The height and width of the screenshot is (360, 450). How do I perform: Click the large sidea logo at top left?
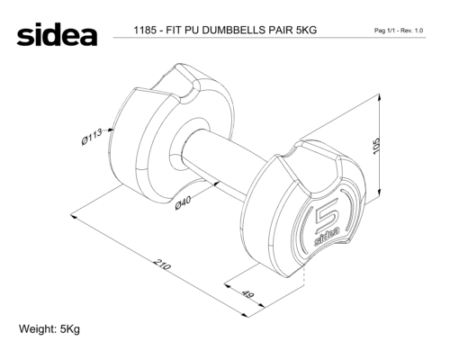click(x=57, y=34)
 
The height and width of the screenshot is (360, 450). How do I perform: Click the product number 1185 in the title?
click(x=145, y=30)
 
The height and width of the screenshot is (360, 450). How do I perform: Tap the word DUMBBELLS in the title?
click(x=233, y=30)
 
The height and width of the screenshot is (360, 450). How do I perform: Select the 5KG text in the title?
click(x=306, y=30)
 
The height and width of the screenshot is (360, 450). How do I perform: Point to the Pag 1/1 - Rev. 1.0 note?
click(x=399, y=31)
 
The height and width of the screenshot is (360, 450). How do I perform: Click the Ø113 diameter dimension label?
click(x=92, y=137)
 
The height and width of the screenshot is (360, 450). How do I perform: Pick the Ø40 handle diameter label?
click(x=183, y=203)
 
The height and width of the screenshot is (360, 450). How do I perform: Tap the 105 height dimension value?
click(x=376, y=147)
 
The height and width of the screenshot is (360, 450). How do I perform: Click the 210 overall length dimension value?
click(x=163, y=265)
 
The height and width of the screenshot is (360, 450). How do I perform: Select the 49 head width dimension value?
click(x=247, y=294)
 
